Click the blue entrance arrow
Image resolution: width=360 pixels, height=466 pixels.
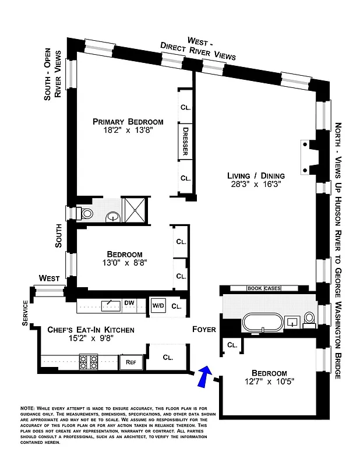click(203, 376)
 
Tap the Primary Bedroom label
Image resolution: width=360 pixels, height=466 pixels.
click(128, 122)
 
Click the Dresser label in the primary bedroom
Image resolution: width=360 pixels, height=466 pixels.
click(185, 141)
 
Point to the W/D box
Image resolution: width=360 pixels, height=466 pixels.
click(158, 306)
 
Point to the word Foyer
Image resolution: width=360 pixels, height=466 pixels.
click(204, 330)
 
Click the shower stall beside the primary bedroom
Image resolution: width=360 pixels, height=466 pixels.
click(135, 210)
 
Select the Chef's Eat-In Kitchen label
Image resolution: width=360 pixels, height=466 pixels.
click(90, 330)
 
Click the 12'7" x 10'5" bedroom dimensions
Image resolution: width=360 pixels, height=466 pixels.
click(269, 382)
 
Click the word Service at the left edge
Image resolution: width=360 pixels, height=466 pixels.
click(25, 313)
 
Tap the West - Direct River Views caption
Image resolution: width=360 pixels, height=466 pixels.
click(203, 49)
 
